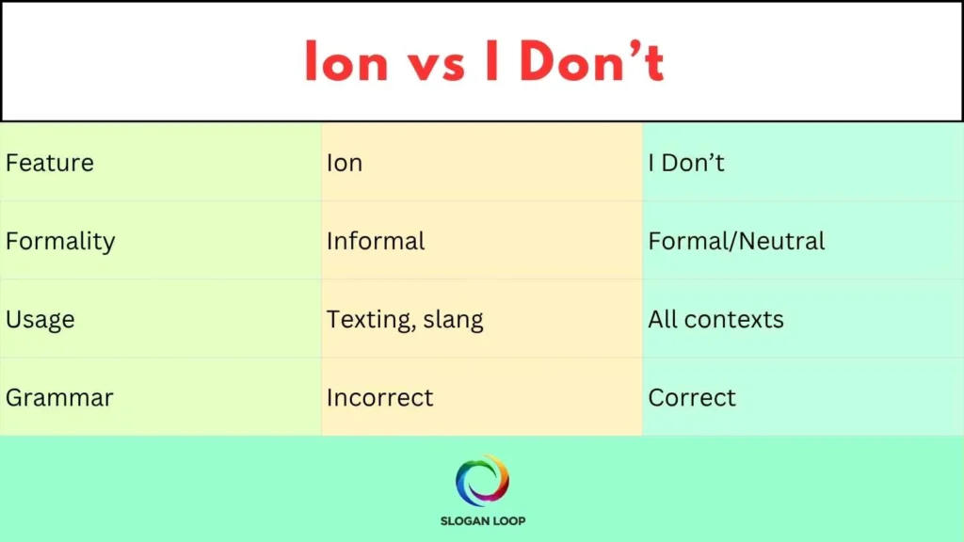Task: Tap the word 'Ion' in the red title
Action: [345, 62]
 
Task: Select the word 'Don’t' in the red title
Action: [592, 62]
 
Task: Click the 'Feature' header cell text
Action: [50, 163]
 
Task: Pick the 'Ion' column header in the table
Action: [345, 163]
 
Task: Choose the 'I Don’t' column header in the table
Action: [686, 163]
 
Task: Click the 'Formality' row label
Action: [60, 242]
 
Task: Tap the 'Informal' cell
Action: [376, 242]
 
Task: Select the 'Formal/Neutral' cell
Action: [736, 242]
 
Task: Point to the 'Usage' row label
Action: [40, 320]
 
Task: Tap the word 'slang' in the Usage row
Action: [453, 320]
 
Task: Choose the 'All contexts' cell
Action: [715, 320]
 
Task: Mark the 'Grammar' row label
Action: [59, 398]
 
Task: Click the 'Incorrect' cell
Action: [380, 398]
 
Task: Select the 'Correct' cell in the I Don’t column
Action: [692, 398]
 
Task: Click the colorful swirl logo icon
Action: [482, 480]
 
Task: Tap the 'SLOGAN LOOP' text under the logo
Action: [482, 520]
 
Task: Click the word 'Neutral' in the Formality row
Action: [781, 242]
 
